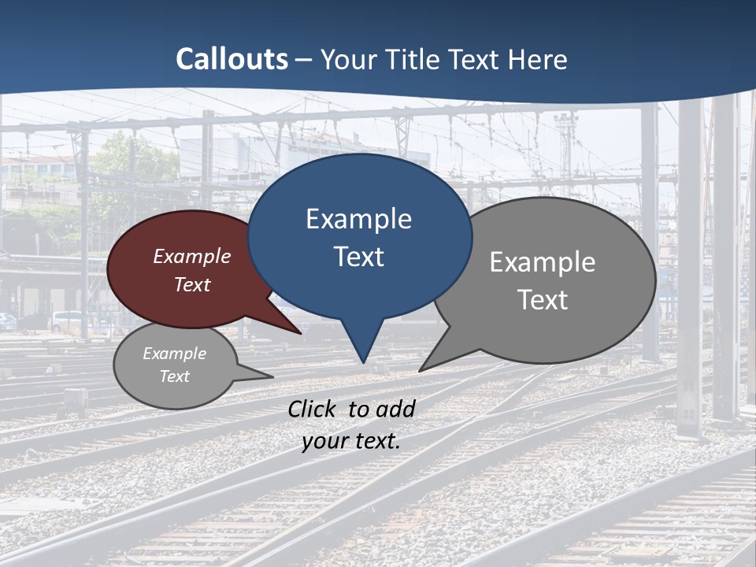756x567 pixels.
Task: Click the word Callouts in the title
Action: click(232, 60)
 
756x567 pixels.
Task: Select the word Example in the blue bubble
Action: click(358, 219)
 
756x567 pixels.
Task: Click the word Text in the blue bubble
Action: click(358, 257)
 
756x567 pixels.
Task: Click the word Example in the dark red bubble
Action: click(192, 256)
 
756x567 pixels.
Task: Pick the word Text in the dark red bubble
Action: click(192, 284)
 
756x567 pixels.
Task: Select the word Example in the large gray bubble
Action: click(543, 262)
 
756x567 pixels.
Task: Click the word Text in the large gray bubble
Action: click(543, 299)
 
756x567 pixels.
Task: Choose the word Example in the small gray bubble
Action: click(175, 354)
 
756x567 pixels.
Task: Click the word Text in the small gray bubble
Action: click(175, 376)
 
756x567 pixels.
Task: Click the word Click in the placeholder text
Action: click(313, 409)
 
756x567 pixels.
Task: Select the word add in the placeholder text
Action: click(395, 409)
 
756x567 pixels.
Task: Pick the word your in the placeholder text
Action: click(323, 441)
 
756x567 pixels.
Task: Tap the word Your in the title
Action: click(346, 60)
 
